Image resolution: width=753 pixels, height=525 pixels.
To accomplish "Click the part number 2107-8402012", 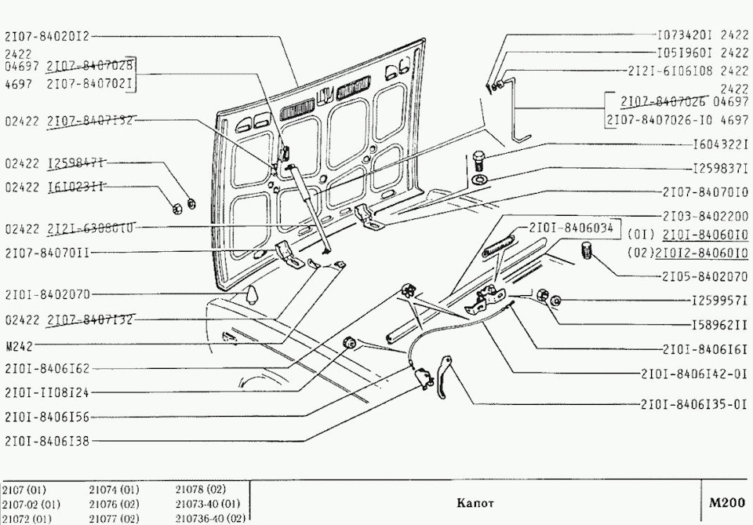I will point(47,35).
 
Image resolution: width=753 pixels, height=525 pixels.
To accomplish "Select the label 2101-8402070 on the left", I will point(47,294).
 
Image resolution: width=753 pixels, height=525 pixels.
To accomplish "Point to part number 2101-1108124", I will point(47,392).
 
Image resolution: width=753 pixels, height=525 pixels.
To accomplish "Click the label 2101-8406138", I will point(47,441).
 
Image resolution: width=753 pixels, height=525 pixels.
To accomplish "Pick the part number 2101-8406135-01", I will point(694,406).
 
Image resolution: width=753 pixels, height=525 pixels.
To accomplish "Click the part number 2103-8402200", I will point(705,215).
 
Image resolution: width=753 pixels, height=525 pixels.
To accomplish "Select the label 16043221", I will point(719,146).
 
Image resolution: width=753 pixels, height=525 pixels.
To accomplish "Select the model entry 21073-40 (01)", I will point(208,504).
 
